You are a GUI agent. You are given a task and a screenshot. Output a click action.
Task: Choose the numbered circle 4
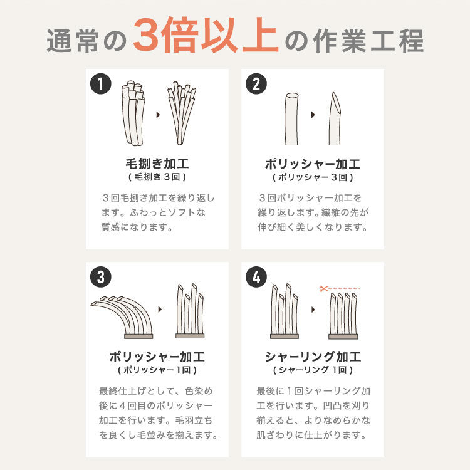click(x=255, y=277)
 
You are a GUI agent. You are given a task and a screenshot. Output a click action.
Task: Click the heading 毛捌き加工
click(x=157, y=164)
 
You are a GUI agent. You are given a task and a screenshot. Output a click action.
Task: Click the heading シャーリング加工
click(x=313, y=357)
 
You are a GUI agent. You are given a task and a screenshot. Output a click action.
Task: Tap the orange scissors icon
click(x=323, y=289)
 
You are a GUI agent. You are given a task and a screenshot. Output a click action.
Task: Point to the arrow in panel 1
click(x=157, y=115)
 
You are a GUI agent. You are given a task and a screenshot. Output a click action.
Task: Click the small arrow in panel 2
click(x=312, y=115)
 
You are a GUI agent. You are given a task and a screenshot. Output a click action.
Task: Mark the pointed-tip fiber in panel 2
click(x=334, y=118)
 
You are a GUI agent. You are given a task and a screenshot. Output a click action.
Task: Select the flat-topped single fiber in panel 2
click(x=292, y=118)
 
